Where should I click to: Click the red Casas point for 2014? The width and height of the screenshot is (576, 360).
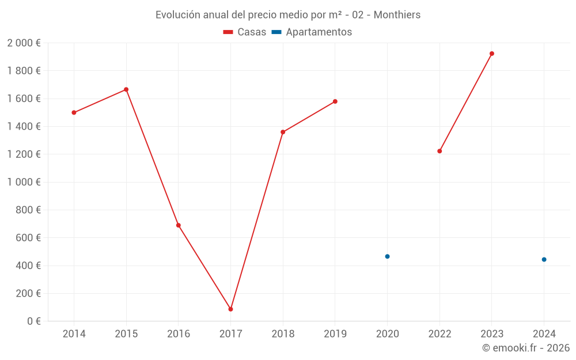(x=74, y=112)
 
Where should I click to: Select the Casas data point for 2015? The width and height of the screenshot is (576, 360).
(x=126, y=89)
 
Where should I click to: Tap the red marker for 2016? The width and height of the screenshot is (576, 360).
(x=179, y=225)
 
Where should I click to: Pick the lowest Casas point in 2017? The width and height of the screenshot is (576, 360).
(x=230, y=309)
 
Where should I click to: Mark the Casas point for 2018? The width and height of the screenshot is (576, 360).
(x=283, y=132)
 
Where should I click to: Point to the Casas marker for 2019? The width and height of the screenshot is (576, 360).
(x=335, y=101)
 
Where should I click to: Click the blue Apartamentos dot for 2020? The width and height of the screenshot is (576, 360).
(x=387, y=256)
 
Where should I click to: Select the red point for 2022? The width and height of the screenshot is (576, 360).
(x=439, y=151)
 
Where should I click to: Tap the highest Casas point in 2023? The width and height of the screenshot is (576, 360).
(x=492, y=54)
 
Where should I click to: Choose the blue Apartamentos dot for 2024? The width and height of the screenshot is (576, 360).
(x=544, y=259)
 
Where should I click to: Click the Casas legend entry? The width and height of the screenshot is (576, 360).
(x=245, y=32)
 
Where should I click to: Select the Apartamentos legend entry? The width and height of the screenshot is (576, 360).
(x=312, y=32)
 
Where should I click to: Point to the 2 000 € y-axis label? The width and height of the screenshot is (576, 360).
(x=24, y=43)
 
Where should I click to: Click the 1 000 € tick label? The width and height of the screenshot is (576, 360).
(x=24, y=182)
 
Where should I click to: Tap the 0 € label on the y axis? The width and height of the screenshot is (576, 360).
(x=33, y=321)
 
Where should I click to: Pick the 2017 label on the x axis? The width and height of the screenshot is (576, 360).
(x=230, y=334)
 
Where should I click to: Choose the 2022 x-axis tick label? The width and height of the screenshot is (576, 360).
(x=439, y=334)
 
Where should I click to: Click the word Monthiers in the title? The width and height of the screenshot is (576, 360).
(x=397, y=15)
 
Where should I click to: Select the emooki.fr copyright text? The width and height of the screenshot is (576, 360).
(x=526, y=348)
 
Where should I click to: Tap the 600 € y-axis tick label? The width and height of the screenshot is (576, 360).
(x=28, y=237)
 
